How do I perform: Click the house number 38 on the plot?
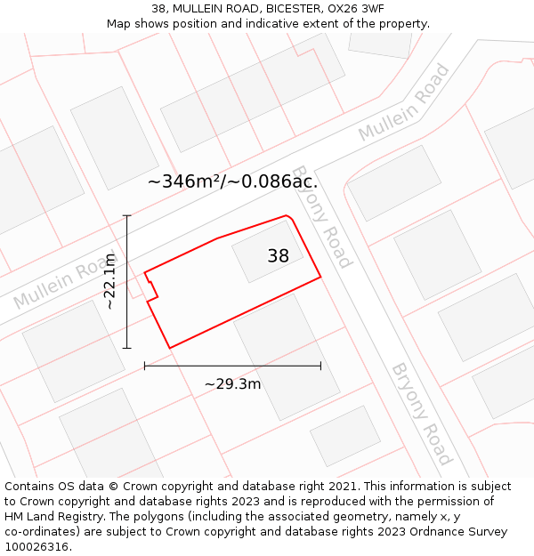[278, 256]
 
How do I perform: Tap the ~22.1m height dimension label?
[109, 281]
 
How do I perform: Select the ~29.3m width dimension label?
[232, 384]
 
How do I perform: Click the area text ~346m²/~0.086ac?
[232, 181]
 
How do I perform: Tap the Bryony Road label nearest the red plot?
[322, 216]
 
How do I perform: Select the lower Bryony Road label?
[422, 414]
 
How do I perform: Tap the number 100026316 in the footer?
[38, 547]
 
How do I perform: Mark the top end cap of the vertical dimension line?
[127, 215]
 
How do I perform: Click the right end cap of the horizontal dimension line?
[320, 366]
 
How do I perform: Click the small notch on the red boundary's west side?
[151, 287]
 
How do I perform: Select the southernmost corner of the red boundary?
[169, 348]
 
